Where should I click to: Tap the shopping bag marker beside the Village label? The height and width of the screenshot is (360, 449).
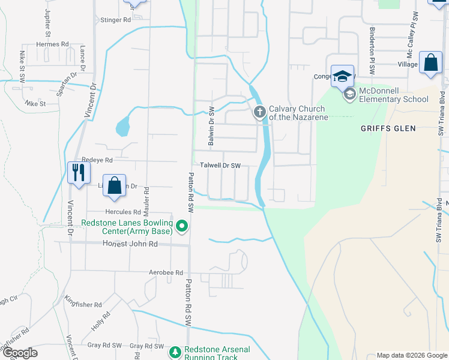click(x=430, y=62)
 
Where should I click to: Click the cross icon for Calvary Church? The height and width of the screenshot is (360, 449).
click(x=260, y=112)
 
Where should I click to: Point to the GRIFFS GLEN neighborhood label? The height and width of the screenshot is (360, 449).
click(x=384, y=128)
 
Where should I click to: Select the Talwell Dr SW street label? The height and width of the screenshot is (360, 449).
click(x=220, y=166)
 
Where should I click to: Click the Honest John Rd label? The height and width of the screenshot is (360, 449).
click(x=130, y=244)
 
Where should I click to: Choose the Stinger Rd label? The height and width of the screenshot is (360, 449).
click(x=116, y=20)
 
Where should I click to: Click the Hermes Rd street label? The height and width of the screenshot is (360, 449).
click(x=52, y=44)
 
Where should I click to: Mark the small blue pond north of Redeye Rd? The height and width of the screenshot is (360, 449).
click(x=122, y=126)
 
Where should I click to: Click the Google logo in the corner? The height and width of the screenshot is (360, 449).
click(x=20, y=353)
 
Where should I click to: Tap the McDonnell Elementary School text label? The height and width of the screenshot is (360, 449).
click(x=394, y=95)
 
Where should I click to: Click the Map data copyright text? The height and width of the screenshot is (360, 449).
click(x=411, y=355)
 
